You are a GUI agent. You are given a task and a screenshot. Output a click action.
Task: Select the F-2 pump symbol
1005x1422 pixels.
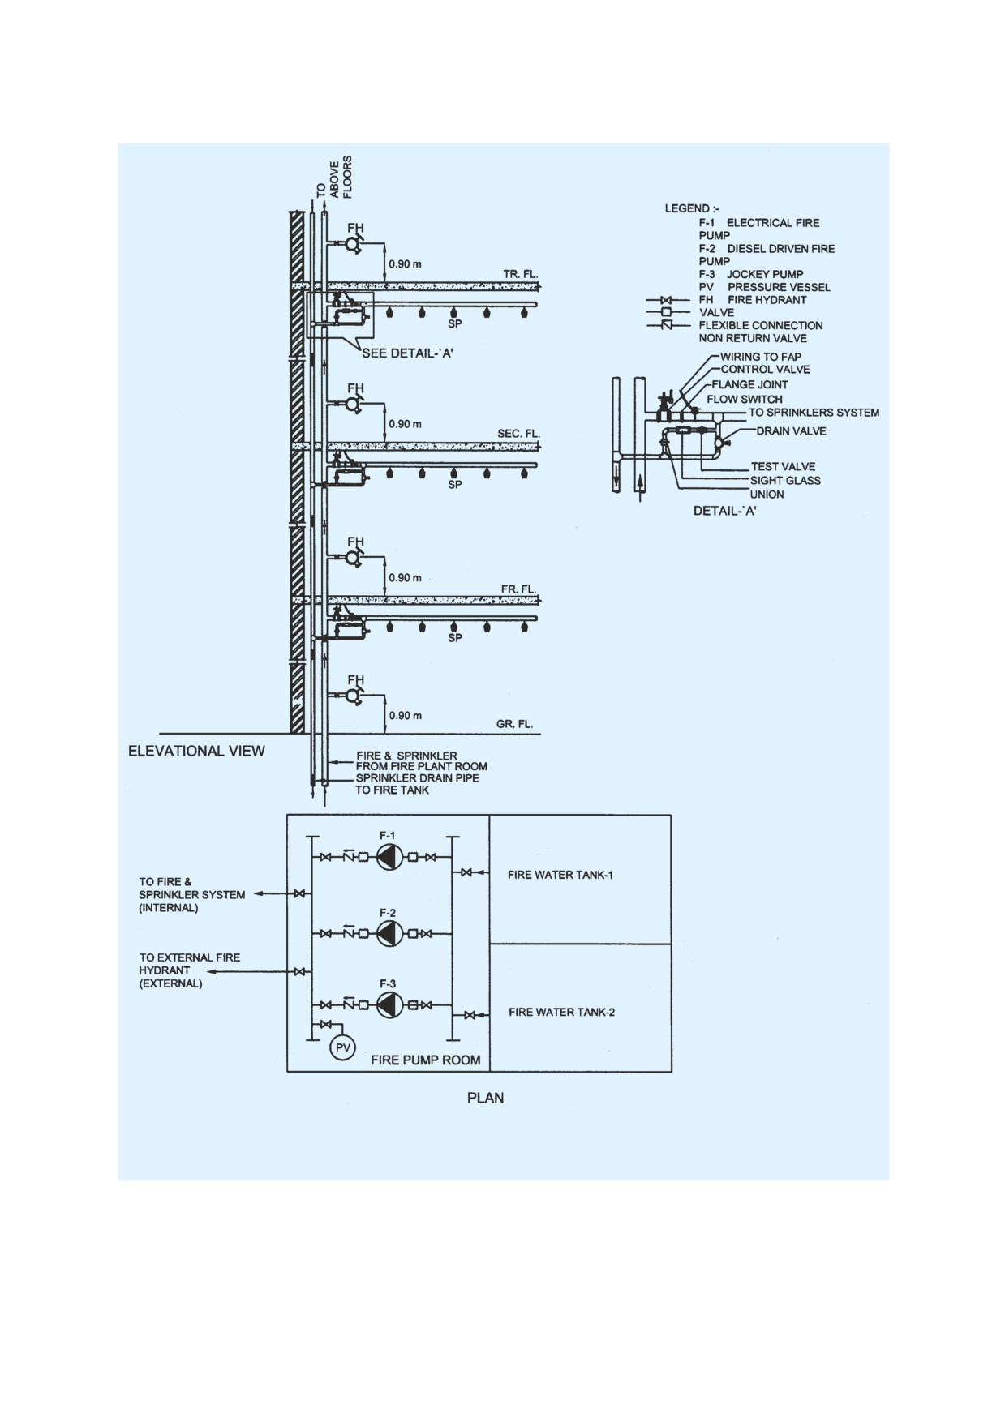(x=390, y=934)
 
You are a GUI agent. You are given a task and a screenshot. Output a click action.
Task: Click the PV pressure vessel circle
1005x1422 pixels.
(x=343, y=1048)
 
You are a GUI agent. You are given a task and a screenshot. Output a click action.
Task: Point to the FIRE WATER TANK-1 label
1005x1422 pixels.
(x=560, y=875)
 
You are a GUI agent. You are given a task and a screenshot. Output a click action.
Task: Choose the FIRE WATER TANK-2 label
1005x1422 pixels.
(x=561, y=1012)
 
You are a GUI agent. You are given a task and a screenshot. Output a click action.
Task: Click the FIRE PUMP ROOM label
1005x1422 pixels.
(x=425, y=1060)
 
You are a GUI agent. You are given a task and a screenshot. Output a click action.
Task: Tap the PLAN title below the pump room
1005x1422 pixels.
(x=485, y=1098)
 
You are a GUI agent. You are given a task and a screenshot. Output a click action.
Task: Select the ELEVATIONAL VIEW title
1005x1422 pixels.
(x=196, y=751)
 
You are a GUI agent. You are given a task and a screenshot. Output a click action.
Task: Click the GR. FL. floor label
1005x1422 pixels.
(x=514, y=724)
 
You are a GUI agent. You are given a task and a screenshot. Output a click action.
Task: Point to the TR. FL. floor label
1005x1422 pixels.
(x=520, y=274)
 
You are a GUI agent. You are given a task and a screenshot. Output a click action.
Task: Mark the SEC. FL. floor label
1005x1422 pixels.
(x=518, y=434)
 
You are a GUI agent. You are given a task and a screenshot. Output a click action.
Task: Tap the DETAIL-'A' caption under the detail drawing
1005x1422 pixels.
(x=724, y=511)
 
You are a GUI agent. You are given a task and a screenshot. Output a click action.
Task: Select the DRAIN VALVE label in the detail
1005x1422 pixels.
(x=791, y=431)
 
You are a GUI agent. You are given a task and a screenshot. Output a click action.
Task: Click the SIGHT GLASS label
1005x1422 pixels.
(x=785, y=480)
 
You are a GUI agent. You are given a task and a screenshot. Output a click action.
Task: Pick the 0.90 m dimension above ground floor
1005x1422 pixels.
(x=405, y=716)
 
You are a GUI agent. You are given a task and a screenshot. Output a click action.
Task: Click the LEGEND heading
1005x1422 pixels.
(x=686, y=208)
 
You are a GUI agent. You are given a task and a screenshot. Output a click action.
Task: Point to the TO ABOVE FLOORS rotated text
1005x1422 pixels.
(x=334, y=177)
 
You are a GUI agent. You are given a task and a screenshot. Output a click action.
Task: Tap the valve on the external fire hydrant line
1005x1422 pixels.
(x=300, y=971)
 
